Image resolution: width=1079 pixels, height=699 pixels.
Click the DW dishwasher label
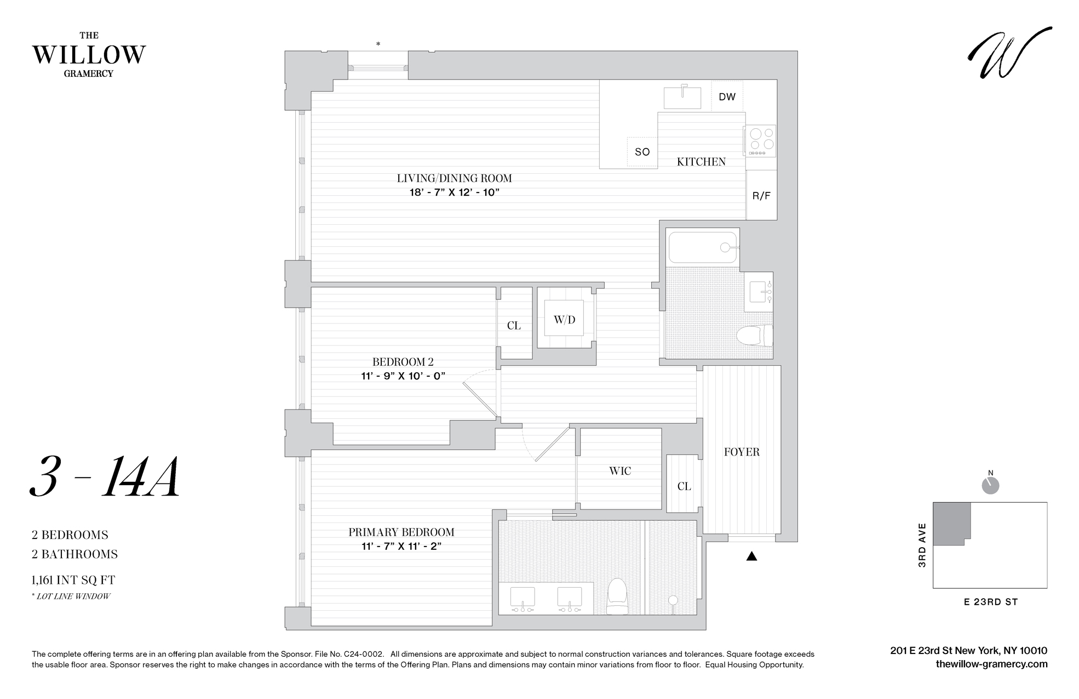click(727, 97)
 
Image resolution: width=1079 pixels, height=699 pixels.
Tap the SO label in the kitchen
click(642, 152)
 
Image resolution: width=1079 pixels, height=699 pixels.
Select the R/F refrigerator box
click(761, 195)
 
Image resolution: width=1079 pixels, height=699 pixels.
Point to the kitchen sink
click(682, 98)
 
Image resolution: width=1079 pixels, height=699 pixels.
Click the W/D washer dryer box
click(564, 319)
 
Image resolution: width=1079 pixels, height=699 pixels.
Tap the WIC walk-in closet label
click(620, 471)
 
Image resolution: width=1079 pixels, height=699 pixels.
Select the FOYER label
click(742, 452)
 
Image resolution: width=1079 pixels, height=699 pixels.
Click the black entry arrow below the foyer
click(751, 556)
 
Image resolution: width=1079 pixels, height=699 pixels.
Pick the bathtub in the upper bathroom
click(702, 247)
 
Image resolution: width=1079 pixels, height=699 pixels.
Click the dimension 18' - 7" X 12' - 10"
click(455, 192)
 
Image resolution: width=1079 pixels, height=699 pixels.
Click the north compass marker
click(990, 485)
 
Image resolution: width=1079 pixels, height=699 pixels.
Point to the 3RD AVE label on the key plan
click(922, 545)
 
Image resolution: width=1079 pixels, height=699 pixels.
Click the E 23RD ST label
click(990, 602)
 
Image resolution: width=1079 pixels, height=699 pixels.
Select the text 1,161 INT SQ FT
click(73, 580)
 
